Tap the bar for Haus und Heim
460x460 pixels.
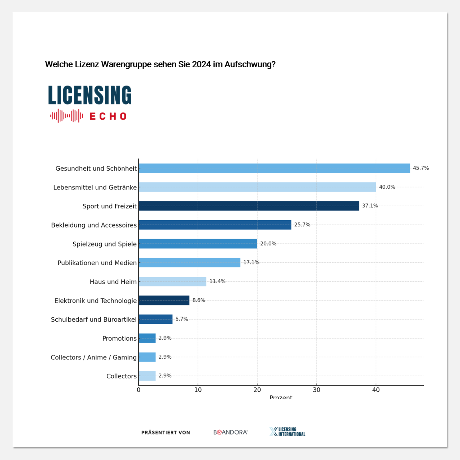click(172, 281)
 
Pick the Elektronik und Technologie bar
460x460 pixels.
click(164, 300)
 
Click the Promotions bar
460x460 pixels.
click(147, 338)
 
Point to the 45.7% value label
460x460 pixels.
click(421, 168)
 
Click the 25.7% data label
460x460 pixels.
click(302, 225)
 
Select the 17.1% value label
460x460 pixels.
click(251, 263)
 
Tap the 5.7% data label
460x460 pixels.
click(182, 319)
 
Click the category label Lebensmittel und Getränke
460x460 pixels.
click(95, 188)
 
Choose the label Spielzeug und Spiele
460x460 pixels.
click(105, 244)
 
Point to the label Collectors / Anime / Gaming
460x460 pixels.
click(94, 358)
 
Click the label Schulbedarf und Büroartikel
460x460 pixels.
click(94, 319)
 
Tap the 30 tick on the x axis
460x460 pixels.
click(317, 390)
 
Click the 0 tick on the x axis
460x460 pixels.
click(139, 390)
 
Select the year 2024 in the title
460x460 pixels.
click(202, 64)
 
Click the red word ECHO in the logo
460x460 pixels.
click(108, 116)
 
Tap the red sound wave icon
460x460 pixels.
click(67, 116)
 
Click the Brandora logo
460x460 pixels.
click(230, 432)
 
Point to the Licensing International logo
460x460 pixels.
click(287, 432)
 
